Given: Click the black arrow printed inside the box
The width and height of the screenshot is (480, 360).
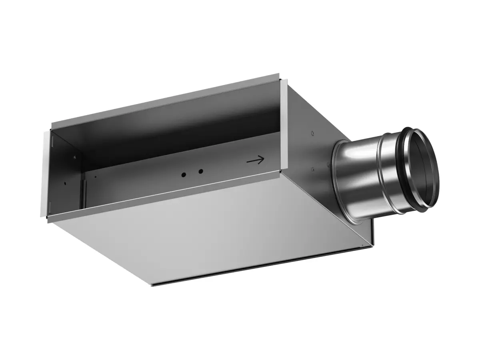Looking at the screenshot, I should (256, 160).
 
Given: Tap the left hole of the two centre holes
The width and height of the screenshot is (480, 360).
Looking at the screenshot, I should (184, 175).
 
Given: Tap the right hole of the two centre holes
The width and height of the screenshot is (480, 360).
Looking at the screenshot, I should (201, 171).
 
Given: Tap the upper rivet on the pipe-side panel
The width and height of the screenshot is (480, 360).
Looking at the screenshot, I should (312, 134).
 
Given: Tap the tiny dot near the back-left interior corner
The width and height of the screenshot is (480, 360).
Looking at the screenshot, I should (95, 177).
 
